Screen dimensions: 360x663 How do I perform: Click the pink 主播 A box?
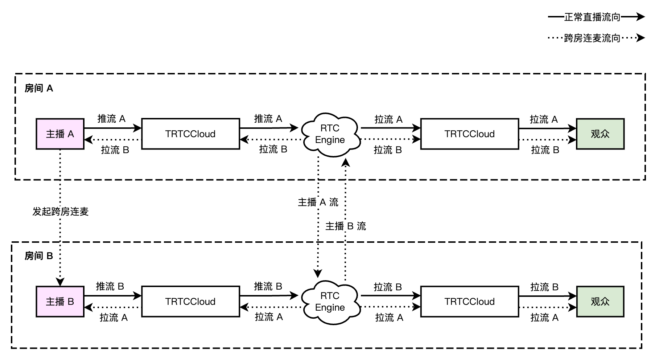[x=60, y=134]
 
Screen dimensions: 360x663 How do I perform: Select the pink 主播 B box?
[x=60, y=302]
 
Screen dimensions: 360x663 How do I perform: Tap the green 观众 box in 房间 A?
[x=600, y=134]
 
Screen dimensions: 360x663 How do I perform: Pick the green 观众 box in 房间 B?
[x=600, y=302]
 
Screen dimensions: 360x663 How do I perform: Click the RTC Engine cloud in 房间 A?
[x=330, y=134]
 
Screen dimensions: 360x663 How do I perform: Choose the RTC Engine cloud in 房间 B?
[x=330, y=302]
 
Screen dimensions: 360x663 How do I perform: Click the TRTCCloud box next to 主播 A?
[x=190, y=134]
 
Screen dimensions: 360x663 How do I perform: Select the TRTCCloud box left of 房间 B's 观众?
[x=469, y=302]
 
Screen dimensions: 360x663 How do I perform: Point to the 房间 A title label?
[x=39, y=88]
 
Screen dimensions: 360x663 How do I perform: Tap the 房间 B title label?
[x=39, y=256]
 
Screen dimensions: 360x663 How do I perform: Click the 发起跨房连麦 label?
[x=61, y=212]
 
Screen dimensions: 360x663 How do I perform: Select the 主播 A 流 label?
[x=318, y=202]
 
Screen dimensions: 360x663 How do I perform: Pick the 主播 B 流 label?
[x=346, y=226]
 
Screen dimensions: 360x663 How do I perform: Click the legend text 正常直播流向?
[x=592, y=17]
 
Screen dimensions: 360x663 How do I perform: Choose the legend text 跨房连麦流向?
[x=592, y=38]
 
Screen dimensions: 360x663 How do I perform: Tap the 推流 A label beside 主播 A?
[x=111, y=119]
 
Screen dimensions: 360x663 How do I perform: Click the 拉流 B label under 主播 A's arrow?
[x=115, y=150]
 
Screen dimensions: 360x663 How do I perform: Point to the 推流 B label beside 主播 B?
[x=110, y=286]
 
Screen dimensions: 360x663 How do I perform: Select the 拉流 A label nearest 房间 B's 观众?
[x=544, y=318]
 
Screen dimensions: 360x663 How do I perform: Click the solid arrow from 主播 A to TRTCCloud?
[x=112, y=128]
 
